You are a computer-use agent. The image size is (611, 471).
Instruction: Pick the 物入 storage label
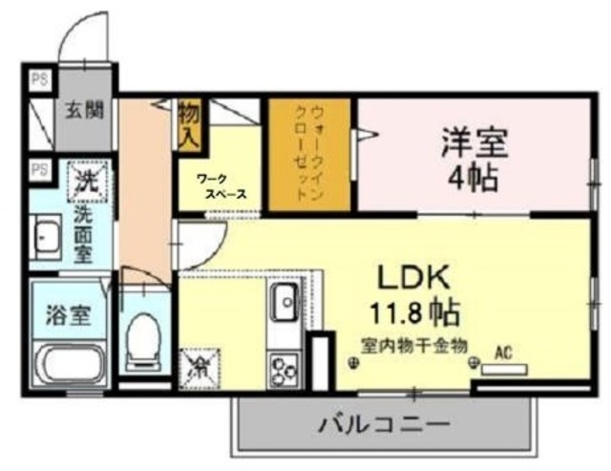coord(187,125)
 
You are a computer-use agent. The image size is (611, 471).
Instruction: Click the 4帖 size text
coord(474,177)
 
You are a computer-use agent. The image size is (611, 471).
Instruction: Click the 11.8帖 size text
coord(412,310)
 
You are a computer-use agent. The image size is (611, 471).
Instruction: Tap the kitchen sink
coord(284,305)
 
